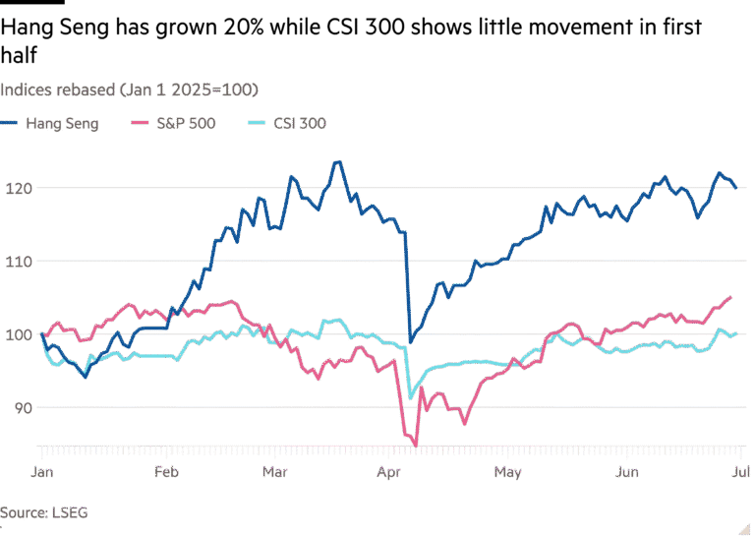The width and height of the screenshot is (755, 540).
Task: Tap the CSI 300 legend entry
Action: (x=299, y=124)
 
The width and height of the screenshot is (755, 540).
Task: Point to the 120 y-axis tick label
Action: (x=19, y=187)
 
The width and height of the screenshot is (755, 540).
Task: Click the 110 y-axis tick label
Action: (x=19, y=261)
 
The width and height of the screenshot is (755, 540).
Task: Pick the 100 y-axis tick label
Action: (x=19, y=334)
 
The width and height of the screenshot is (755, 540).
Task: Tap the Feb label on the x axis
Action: (x=168, y=473)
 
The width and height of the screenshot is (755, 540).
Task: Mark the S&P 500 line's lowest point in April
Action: (x=416, y=444)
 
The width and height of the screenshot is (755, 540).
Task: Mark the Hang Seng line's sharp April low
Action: (x=411, y=341)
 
